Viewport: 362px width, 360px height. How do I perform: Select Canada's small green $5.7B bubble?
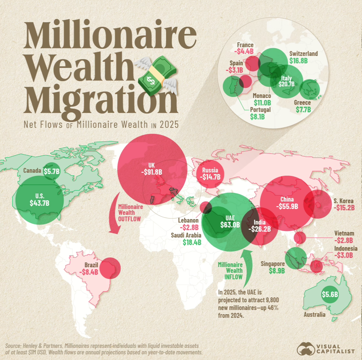click(x=51, y=170)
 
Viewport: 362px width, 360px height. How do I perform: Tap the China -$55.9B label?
click(x=287, y=206)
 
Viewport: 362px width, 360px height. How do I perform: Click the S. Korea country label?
click(x=343, y=201)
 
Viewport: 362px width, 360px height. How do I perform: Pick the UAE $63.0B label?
click(x=230, y=225)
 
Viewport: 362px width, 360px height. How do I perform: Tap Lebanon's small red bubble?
click(x=205, y=207)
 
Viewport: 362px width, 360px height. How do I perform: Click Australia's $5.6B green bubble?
click(x=330, y=295)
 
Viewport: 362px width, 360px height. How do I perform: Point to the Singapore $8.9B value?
click(x=277, y=271)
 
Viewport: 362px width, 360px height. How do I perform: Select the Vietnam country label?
click(x=344, y=233)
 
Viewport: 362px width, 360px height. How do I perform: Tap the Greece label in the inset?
click(x=302, y=103)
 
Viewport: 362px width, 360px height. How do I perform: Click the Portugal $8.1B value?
click(x=258, y=117)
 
